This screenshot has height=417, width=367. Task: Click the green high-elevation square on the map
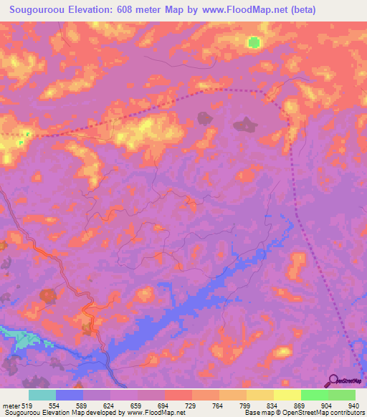pos(254,42)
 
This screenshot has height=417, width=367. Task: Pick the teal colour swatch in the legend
pos(42,396)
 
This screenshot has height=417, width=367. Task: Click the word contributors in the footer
pos(344,413)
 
